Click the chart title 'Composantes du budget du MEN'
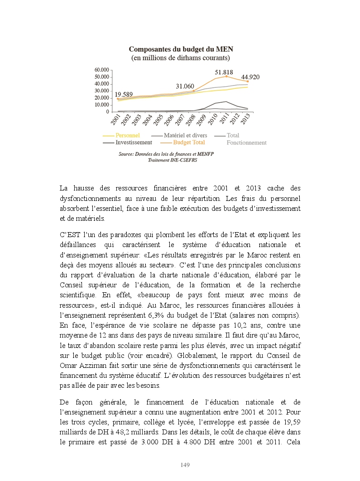click(x=181, y=49)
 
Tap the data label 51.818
click(x=224, y=72)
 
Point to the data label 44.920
click(x=250, y=77)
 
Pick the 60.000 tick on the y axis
click(x=102, y=70)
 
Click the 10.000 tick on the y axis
click(x=102, y=105)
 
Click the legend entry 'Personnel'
click(x=127, y=135)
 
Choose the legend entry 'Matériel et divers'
click(x=185, y=135)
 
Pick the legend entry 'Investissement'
click(x=134, y=142)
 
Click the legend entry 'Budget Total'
click(x=189, y=142)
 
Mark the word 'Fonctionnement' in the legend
click(x=246, y=143)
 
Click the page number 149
click(x=184, y=465)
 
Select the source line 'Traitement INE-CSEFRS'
click(x=166, y=160)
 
